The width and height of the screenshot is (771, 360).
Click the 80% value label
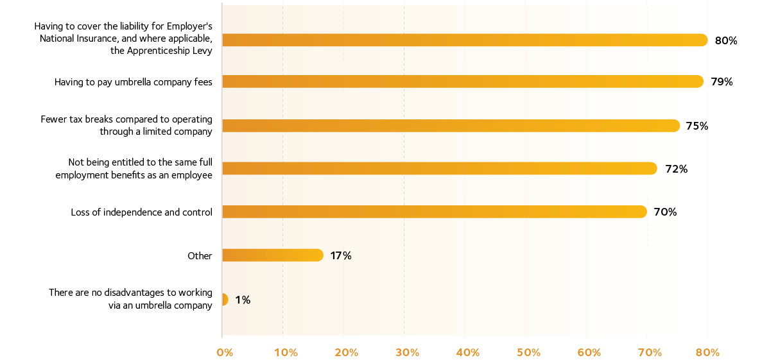pyautogui.click(x=725, y=41)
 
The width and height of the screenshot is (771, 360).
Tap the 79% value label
pyautogui.click(x=722, y=82)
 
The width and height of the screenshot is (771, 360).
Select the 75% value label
pyautogui.click(x=697, y=126)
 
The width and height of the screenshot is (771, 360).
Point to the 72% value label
pyautogui.click(x=676, y=169)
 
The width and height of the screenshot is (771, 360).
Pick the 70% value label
pyautogui.click(x=665, y=212)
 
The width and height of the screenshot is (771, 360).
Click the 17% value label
pyautogui.click(x=340, y=255)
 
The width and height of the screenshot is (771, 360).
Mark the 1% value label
pyautogui.click(x=243, y=300)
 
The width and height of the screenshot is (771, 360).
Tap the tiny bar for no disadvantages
pyautogui.click(x=224, y=300)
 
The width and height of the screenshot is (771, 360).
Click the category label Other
pyautogui.click(x=200, y=256)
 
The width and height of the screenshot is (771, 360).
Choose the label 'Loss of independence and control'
pyautogui.click(x=141, y=212)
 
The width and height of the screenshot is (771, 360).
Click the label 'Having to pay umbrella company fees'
pyautogui.click(x=133, y=82)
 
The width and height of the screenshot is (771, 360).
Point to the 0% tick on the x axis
pyautogui.click(x=225, y=352)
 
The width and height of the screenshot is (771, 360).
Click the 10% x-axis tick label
pyautogui.click(x=286, y=352)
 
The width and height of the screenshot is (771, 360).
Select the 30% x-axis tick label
pyautogui.click(x=407, y=352)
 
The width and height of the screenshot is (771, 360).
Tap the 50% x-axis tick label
pyautogui.click(x=528, y=352)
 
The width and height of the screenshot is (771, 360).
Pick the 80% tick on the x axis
pyautogui.click(x=707, y=352)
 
